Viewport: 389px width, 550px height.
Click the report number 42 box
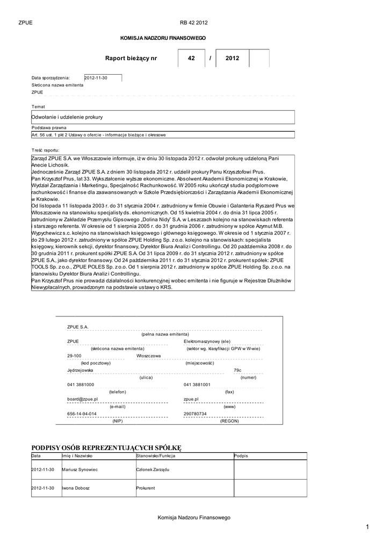[191, 58]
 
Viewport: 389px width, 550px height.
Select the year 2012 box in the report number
[232, 58]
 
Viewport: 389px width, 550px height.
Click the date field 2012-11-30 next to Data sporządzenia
[103, 78]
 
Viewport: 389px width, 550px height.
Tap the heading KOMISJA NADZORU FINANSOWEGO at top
[163, 39]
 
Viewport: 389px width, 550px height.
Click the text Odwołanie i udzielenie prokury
[67, 117]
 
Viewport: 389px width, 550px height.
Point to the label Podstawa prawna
[49, 128]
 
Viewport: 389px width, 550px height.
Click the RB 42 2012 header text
[194, 23]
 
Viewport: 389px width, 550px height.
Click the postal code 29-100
[74, 356]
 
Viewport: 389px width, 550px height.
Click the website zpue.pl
[191, 399]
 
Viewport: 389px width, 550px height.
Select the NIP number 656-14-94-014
[82, 414]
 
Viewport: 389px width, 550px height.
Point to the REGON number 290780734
[195, 414]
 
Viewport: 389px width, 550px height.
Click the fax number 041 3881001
[197, 385]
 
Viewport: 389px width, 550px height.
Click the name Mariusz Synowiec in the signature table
[80, 469]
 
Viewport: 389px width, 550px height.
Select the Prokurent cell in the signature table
[146, 488]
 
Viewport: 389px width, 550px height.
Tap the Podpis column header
[241, 456]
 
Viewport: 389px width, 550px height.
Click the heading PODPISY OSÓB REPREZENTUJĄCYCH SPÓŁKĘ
[107, 447]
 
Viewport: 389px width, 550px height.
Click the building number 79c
[237, 370]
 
